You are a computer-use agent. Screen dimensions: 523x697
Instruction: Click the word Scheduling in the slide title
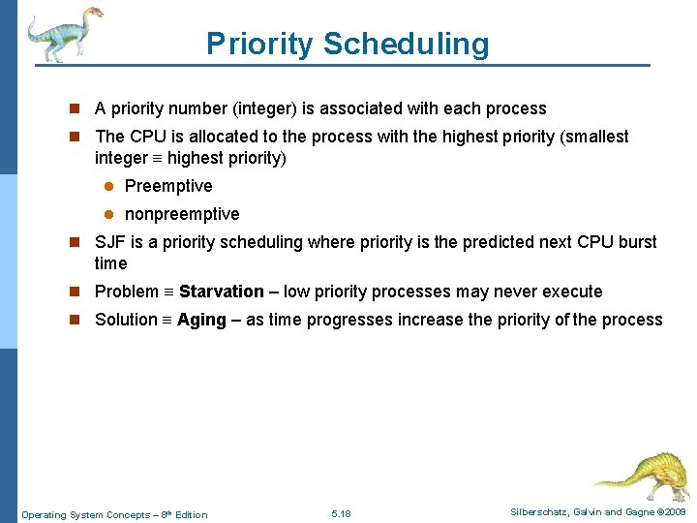407,45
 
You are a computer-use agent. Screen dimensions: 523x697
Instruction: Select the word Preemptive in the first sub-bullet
168,186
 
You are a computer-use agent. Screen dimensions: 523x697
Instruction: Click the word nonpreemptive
182,214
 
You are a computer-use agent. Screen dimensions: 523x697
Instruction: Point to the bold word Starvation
222,292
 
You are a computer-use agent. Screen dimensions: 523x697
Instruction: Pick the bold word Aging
201,320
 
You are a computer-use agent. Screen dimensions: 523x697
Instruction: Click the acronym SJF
110,242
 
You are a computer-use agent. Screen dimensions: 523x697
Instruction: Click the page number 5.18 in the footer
341,513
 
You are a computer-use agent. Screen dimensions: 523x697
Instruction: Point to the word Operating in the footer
45,514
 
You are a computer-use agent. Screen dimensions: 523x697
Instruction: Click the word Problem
127,292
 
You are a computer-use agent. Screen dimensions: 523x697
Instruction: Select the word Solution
126,320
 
